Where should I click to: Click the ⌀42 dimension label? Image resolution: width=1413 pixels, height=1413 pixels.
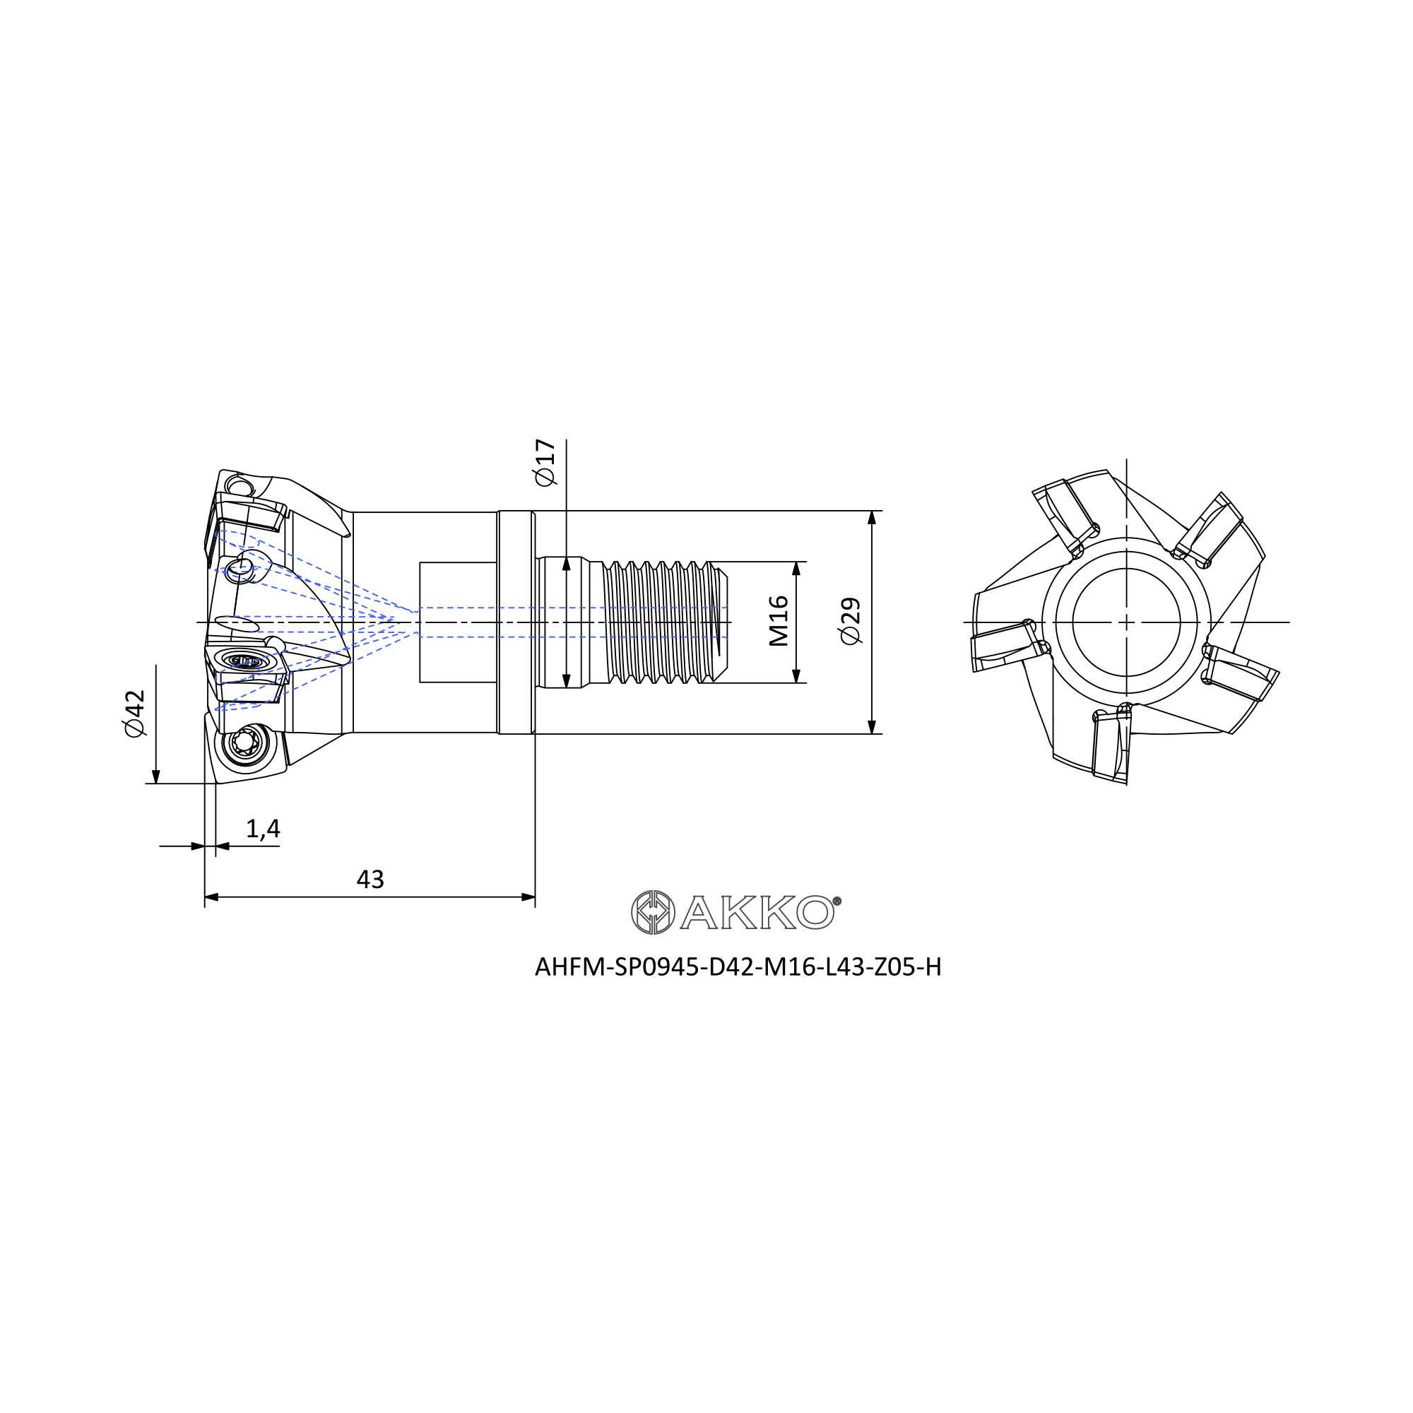point(136,713)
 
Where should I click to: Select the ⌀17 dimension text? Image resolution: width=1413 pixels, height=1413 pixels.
point(545,462)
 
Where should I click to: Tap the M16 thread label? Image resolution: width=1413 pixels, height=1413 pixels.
point(779,621)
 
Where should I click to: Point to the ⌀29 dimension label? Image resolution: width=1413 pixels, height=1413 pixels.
point(851,621)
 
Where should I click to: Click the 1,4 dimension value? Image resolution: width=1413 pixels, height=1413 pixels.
point(263,829)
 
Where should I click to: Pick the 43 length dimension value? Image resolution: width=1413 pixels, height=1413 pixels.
point(370,879)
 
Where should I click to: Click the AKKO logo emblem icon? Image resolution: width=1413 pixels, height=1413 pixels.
point(652,912)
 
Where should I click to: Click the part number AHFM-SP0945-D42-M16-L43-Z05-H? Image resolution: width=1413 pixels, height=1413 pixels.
point(738,968)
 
